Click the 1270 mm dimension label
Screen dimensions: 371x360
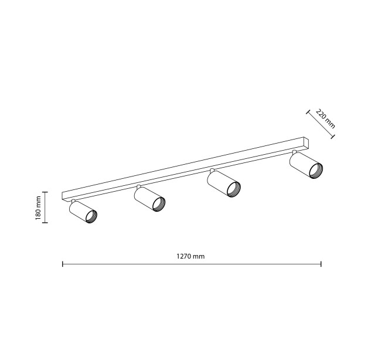(x=190, y=256)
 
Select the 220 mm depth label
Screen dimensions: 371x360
(x=325, y=119)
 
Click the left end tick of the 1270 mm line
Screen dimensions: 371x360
(x=63, y=264)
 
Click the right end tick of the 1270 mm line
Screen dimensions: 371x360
(x=321, y=264)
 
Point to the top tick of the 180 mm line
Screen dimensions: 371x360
(x=45, y=192)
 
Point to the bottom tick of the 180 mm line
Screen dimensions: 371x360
(x=45, y=222)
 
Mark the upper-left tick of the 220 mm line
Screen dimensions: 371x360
(x=308, y=112)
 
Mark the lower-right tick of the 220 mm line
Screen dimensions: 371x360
(x=333, y=137)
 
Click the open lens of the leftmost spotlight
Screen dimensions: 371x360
(x=91, y=216)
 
